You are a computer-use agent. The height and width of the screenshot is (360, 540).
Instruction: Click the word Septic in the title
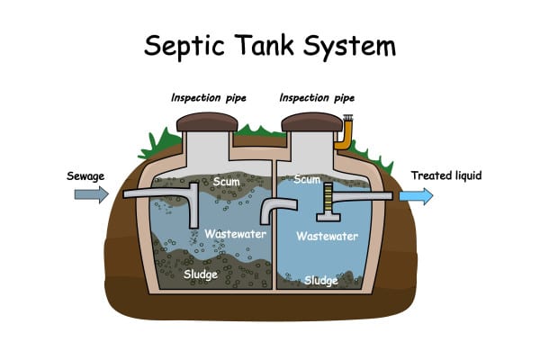pyautogui.click(x=184, y=46)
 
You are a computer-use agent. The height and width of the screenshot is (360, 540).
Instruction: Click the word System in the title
pyautogui.click(x=349, y=47)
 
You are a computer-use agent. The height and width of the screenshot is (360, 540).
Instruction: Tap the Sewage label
pyautogui.click(x=85, y=176)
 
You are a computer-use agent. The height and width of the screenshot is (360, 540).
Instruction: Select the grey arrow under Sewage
pyautogui.click(x=92, y=194)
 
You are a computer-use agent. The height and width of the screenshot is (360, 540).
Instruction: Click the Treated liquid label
pyautogui.click(x=446, y=175)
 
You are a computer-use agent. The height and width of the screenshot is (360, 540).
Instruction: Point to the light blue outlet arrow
pyautogui.click(x=416, y=196)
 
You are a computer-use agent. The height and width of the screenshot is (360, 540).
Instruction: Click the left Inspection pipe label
pyautogui.click(x=209, y=98)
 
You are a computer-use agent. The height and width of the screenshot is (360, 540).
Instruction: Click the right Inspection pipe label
pyautogui.click(x=317, y=98)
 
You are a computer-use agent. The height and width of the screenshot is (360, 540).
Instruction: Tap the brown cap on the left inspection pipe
pyautogui.click(x=207, y=122)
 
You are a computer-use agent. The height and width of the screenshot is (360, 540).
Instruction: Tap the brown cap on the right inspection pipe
pyautogui.click(x=312, y=122)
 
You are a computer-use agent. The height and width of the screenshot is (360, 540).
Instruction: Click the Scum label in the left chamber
pyautogui.click(x=226, y=181)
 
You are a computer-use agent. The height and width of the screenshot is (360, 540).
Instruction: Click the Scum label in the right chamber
pyautogui.click(x=307, y=179)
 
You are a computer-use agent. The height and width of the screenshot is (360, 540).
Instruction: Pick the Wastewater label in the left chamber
pyautogui.click(x=235, y=234)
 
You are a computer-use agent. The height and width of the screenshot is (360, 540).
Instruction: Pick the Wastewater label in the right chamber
pyautogui.click(x=328, y=236)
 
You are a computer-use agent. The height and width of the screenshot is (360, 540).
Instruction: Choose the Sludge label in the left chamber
pyautogui.click(x=201, y=274)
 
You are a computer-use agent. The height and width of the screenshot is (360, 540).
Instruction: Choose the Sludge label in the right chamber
pyautogui.click(x=321, y=281)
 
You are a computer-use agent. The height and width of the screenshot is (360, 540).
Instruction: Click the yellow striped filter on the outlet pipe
pyautogui.click(x=328, y=199)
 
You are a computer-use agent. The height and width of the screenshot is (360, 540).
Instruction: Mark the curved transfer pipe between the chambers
pyautogui.click(x=277, y=210)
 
